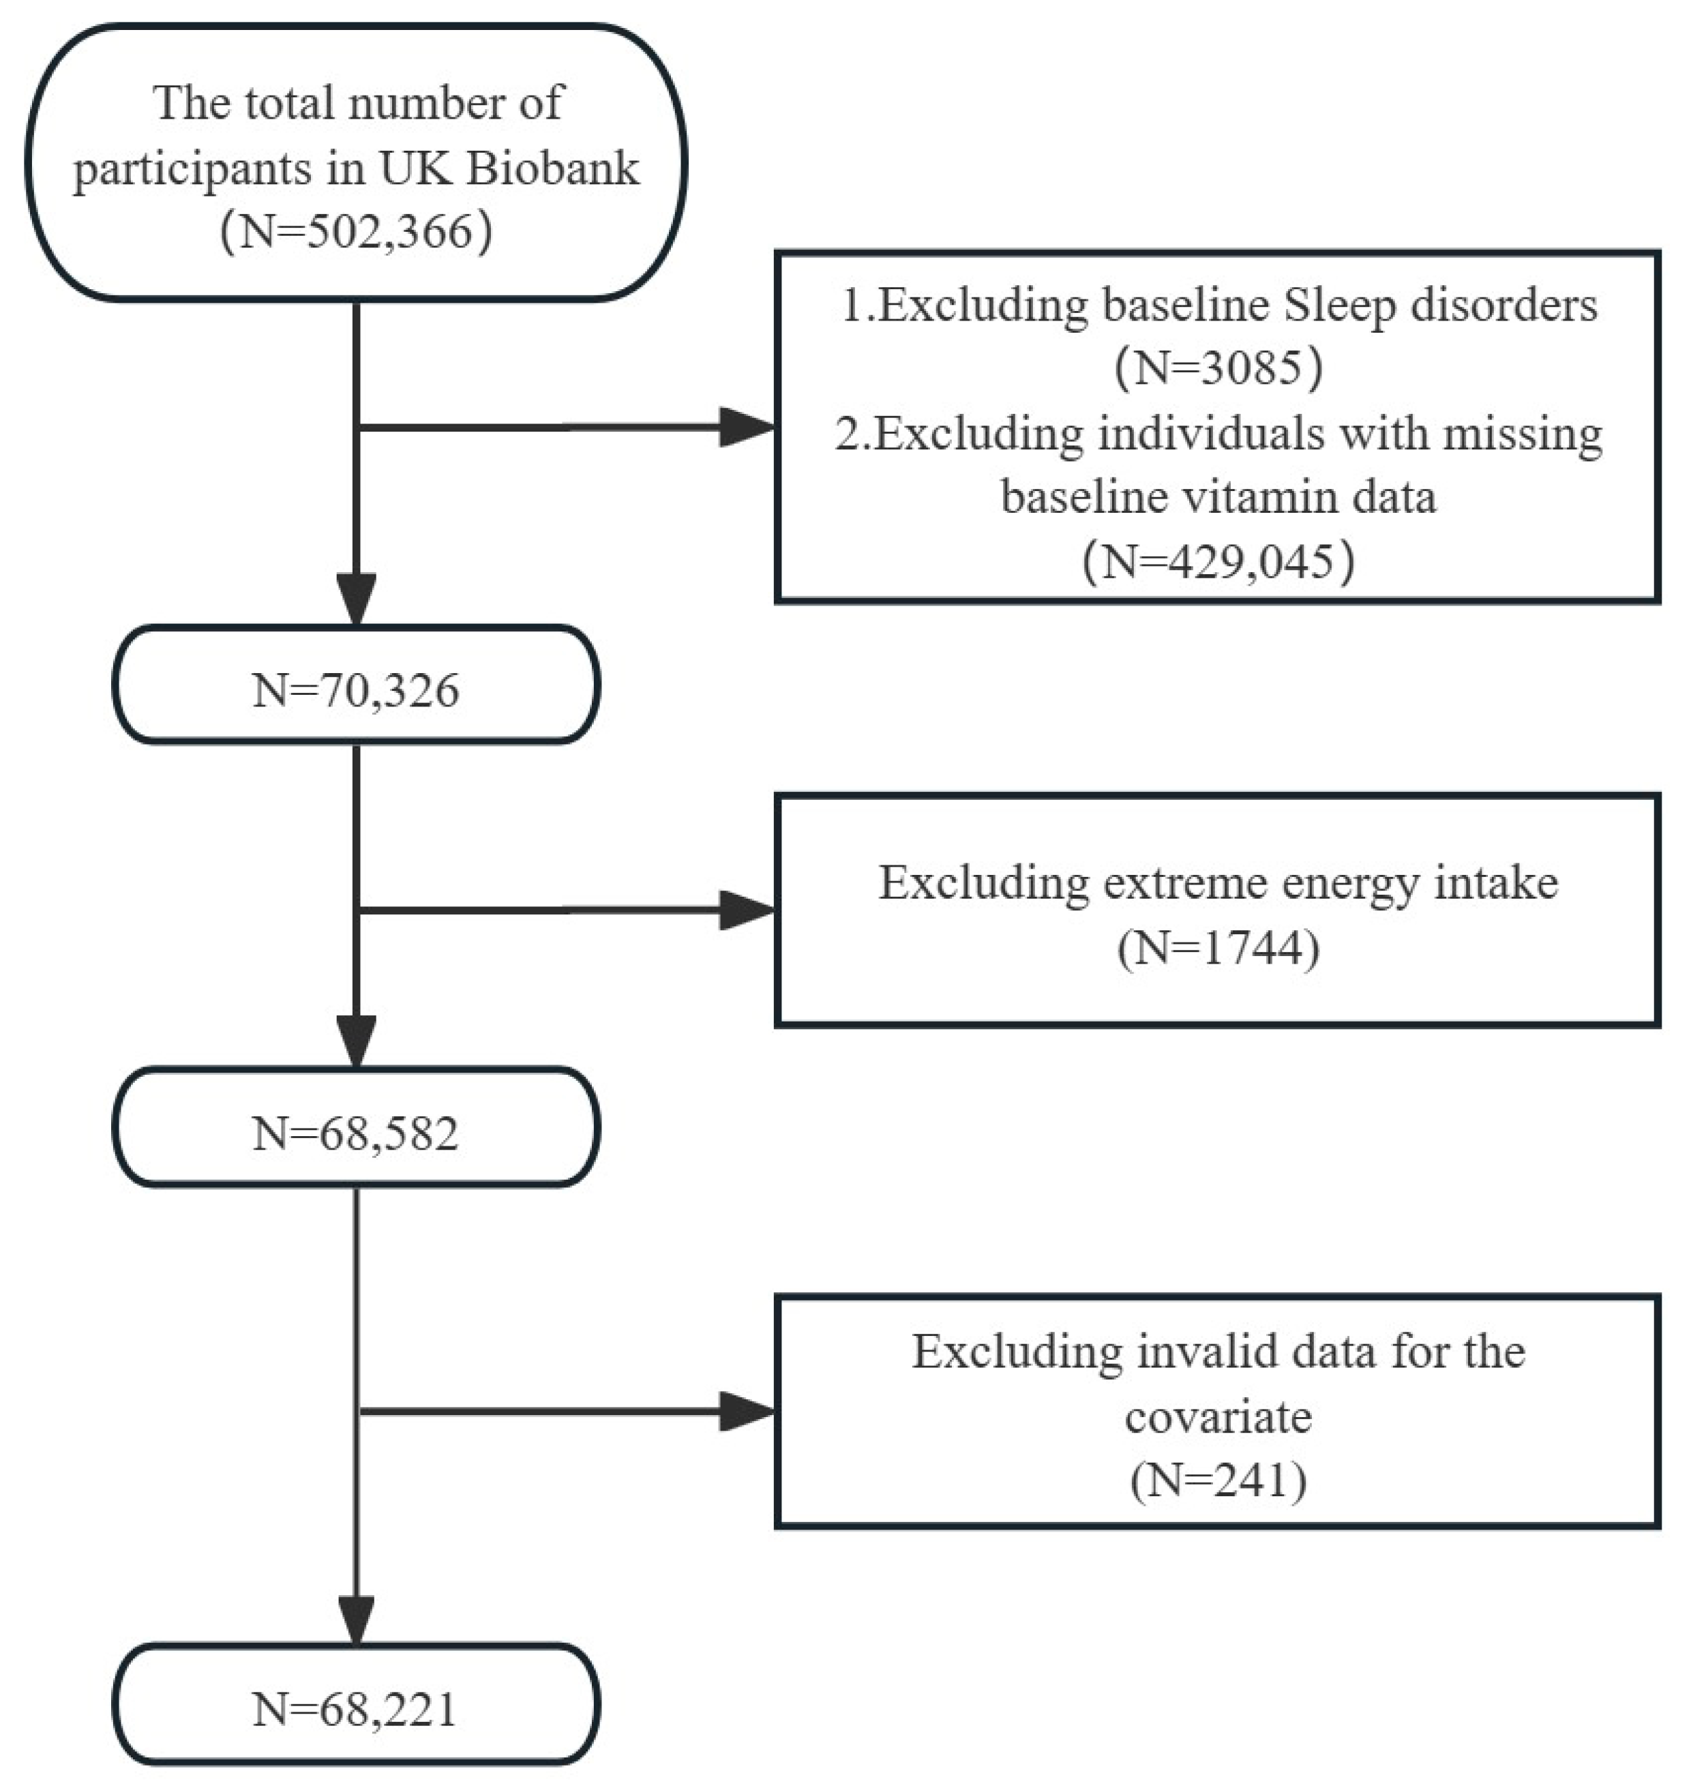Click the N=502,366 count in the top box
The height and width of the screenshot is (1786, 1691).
coord(356,233)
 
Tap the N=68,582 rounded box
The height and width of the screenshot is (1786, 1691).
coord(356,1133)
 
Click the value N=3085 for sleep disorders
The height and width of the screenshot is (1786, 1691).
coord(1218,367)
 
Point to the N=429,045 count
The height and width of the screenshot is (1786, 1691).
coord(1218,561)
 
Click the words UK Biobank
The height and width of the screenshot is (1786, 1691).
coord(509,168)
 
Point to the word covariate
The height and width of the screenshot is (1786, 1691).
coord(1218,1417)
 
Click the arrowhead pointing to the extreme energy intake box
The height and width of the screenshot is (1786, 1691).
coord(747,910)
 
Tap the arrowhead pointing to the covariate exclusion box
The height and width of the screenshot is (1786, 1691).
coord(747,1411)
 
